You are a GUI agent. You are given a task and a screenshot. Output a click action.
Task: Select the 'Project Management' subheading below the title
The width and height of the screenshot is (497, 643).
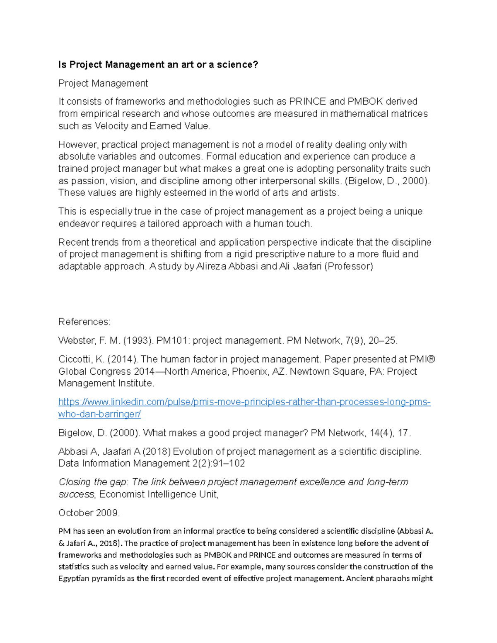103,83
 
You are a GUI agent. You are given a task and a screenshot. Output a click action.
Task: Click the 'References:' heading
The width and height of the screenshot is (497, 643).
84,322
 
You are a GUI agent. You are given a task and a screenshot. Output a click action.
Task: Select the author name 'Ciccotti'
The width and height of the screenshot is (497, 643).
75,359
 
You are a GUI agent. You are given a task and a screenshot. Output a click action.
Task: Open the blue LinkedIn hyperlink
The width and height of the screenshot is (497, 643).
244,402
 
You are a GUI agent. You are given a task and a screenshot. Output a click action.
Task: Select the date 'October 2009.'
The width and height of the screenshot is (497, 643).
89,513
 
